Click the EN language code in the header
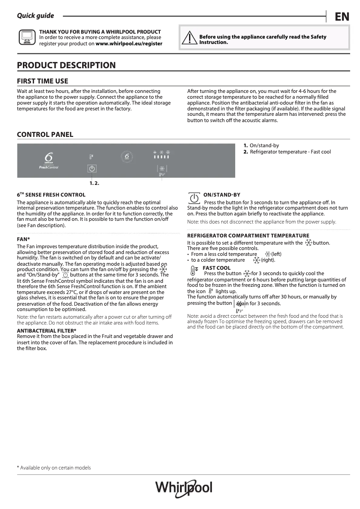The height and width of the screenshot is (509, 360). pyautogui.click(x=342, y=17)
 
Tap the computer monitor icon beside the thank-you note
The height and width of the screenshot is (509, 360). pyautogui.click(x=26, y=38)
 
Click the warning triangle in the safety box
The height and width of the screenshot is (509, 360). pyautogui.click(x=191, y=39)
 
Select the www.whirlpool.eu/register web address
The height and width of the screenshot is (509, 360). pyautogui.click(x=129, y=44)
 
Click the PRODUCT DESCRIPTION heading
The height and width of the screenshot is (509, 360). pyautogui.click(x=66, y=66)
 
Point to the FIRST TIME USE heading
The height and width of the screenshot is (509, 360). pyautogui.click(x=43, y=81)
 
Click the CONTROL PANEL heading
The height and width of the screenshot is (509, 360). pyautogui.click(x=45, y=135)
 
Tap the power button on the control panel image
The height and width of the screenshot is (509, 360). pyautogui.click(x=92, y=169)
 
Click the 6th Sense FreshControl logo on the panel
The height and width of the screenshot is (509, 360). pyautogui.click(x=48, y=160)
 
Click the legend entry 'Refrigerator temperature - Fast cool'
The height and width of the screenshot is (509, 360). pyautogui.click(x=290, y=152)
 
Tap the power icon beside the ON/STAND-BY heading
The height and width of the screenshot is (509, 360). pyautogui.click(x=193, y=198)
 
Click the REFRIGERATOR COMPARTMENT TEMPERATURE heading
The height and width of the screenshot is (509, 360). pyautogui.click(x=248, y=236)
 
